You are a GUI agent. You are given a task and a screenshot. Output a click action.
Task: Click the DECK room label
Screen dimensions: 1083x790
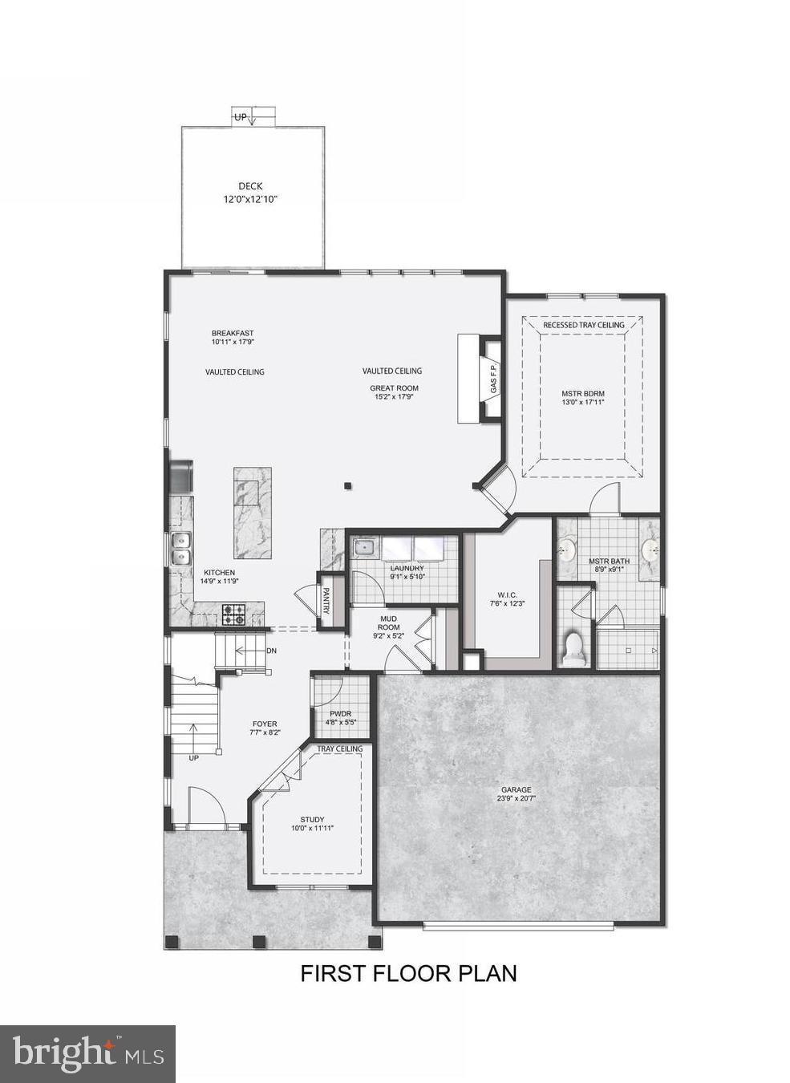[250, 186]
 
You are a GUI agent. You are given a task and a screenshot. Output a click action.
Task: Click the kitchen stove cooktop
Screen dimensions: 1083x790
[234, 615]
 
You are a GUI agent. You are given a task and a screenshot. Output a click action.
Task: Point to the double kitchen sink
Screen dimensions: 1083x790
[180, 550]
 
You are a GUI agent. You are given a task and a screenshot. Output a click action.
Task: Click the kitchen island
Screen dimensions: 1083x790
[252, 513]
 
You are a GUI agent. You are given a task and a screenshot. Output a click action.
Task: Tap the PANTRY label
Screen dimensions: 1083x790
[326, 601]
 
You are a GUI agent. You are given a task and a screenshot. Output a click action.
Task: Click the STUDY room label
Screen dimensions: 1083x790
[312, 819]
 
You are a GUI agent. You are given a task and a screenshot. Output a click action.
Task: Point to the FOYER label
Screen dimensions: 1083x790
[265, 724]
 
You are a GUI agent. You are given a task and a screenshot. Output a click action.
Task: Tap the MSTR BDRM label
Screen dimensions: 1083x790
[583, 393]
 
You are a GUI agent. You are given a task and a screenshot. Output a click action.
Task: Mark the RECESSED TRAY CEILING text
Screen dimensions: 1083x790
[583, 325]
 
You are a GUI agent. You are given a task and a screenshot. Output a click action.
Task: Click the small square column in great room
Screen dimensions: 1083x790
[347, 485]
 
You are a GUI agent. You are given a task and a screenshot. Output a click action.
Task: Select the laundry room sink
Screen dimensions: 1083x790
[365, 549]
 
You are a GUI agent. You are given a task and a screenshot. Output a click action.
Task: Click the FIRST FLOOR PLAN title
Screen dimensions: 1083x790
[408, 973]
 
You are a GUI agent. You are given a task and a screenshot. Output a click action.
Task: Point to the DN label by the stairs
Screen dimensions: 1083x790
[271, 651]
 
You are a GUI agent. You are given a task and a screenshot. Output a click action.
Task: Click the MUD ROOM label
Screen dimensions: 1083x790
[389, 623]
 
